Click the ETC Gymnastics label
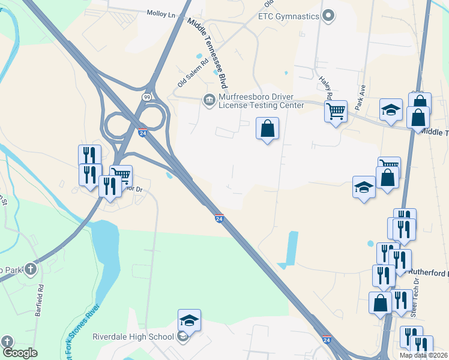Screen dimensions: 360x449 [x=288, y=16]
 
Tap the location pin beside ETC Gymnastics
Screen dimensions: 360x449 [x=328, y=16]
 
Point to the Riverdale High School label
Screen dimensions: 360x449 [x=133, y=337]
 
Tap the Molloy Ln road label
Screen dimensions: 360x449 [x=163, y=13]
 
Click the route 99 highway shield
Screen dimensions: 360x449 [x=146, y=97]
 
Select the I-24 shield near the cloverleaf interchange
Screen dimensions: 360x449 [x=142, y=132]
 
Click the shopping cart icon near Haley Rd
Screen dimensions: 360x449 [x=336, y=110]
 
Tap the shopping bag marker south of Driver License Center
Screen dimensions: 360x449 [x=267, y=128]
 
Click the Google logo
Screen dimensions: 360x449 [x=19, y=353]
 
